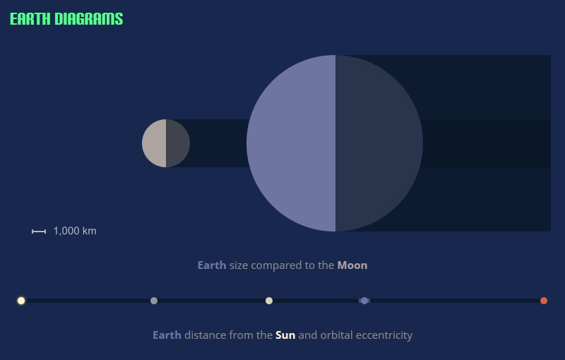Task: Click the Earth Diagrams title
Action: coord(66,19)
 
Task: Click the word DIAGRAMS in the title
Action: coord(89,19)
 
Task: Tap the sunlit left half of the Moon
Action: coord(154,143)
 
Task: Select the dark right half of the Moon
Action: coord(178,143)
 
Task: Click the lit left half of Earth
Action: coord(291,143)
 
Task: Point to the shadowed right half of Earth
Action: coord(379,143)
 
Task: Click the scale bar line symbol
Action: coord(39,232)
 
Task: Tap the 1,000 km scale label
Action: coord(75,231)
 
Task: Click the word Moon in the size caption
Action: coord(352,265)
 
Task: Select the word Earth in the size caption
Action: coord(212,265)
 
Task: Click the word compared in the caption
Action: coord(276,266)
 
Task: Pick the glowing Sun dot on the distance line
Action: coord(21,301)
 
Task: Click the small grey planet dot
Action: coord(154,301)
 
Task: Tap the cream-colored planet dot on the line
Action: coord(269,301)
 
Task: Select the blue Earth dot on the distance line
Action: coord(364,301)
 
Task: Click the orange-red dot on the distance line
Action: coord(544,301)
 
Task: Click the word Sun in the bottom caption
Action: coord(285,335)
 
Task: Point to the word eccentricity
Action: coord(384,336)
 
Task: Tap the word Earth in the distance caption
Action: coord(167,335)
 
